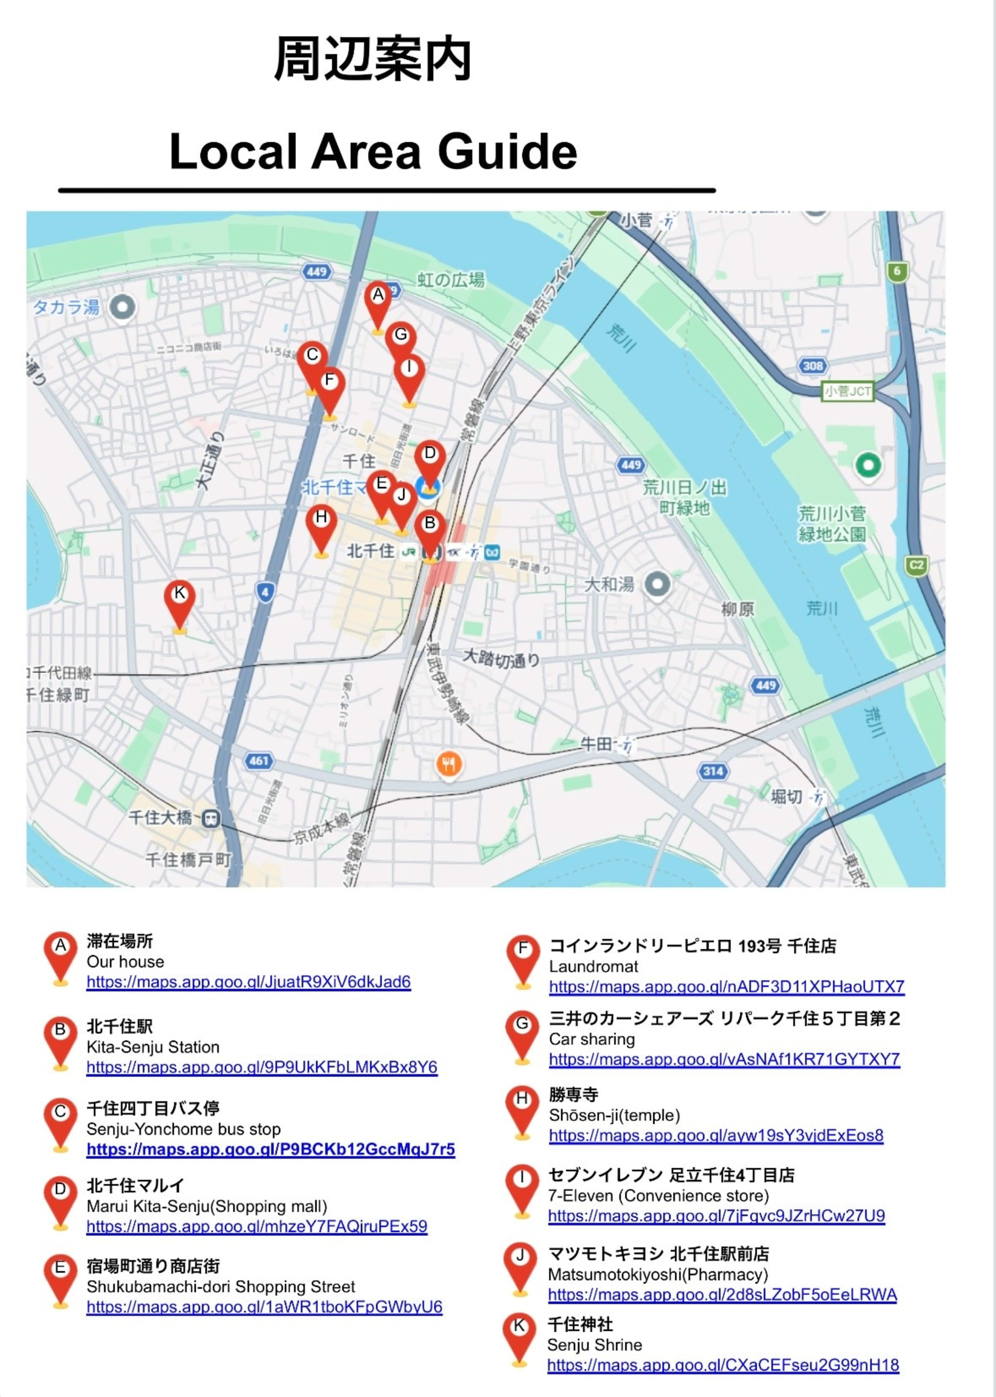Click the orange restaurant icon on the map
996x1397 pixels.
point(449,764)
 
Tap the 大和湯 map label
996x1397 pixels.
point(609,584)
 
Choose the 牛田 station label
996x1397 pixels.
point(596,744)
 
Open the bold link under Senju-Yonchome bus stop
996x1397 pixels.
point(271,1149)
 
